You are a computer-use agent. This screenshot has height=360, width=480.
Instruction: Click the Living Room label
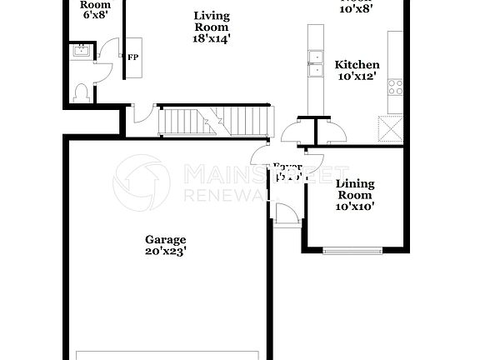coord(212,21)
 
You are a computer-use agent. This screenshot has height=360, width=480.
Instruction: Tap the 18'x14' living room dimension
coord(212,37)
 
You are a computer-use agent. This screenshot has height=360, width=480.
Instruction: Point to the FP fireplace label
coord(132,57)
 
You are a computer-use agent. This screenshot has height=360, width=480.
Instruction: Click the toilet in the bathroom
coord(82,92)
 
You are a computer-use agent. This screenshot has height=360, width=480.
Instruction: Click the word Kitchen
coord(357,65)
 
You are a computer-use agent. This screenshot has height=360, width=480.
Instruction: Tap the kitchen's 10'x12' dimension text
coord(357,77)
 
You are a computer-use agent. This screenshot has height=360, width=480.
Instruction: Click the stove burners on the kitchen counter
coord(396,84)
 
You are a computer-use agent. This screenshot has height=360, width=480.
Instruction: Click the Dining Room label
coord(355,189)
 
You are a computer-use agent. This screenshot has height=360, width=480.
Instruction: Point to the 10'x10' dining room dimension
coord(355,206)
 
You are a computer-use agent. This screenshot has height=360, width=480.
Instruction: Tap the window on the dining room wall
coord(354,248)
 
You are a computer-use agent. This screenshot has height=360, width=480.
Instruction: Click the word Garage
coord(165,239)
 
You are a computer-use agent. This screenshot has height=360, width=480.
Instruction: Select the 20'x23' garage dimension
coord(165,251)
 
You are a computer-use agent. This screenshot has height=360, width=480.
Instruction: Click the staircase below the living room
coord(215,121)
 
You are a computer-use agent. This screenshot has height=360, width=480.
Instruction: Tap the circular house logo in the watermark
coord(141,182)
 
